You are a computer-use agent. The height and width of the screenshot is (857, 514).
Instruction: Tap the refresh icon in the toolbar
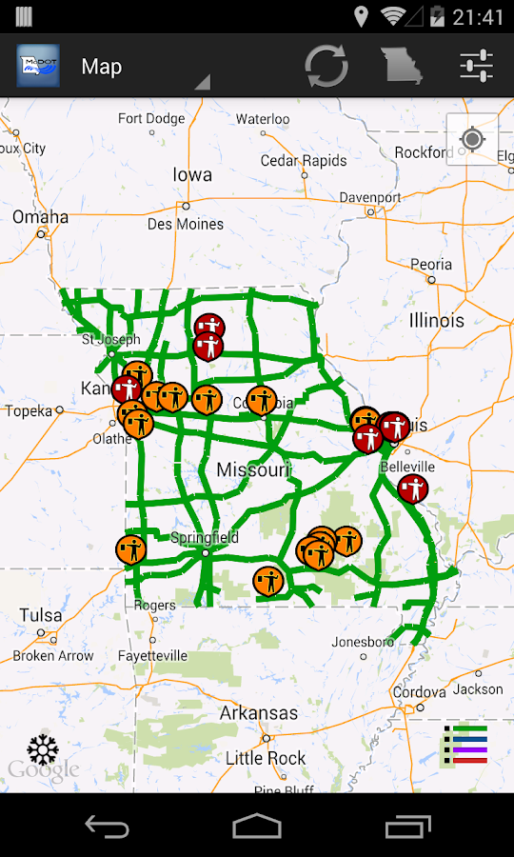(326, 66)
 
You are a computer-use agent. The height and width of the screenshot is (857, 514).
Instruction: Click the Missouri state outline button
(401, 66)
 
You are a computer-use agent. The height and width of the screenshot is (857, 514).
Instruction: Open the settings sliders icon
(476, 66)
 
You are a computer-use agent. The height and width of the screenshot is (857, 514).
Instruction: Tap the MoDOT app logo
(38, 66)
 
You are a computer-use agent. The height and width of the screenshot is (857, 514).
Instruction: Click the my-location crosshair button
(472, 140)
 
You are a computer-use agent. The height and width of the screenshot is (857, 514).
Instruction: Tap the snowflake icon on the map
(43, 749)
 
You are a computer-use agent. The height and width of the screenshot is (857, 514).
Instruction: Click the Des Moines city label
(186, 224)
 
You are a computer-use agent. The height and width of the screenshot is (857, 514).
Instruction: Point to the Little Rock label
(266, 758)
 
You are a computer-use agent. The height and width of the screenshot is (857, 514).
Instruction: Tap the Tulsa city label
(41, 614)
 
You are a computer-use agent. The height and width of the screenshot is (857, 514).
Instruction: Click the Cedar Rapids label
(304, 161)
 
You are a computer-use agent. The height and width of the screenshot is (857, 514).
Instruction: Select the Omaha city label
(41, 217)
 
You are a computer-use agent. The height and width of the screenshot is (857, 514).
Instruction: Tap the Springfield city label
(205, 537)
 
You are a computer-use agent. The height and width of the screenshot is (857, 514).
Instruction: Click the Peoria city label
(431, 265)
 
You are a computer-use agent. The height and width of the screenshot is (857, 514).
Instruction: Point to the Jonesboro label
(363, 642)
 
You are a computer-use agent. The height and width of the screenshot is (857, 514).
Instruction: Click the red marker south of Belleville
(412, 489)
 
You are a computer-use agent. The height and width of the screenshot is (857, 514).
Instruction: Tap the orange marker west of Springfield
(131, 549)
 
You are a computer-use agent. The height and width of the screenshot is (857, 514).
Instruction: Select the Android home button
(257, 826)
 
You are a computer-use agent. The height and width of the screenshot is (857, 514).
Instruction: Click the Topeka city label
(29, 411)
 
